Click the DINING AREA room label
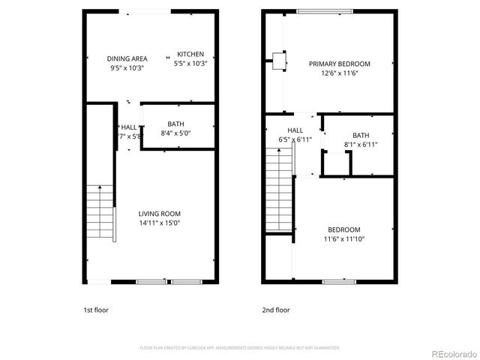(127, 58)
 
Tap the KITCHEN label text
(190, 54)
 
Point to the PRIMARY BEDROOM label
(339, 64)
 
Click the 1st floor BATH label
(176, 124)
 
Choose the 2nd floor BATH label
(361, 135)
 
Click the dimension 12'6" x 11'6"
(339, 73)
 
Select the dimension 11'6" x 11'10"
(343, 239)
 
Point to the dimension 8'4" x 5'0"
(176, 134)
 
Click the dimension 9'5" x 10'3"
(127, 67)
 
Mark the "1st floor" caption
(95, 310)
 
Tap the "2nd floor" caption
(276, 310)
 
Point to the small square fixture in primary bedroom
(279, 61)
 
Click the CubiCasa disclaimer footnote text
(240, 347)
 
